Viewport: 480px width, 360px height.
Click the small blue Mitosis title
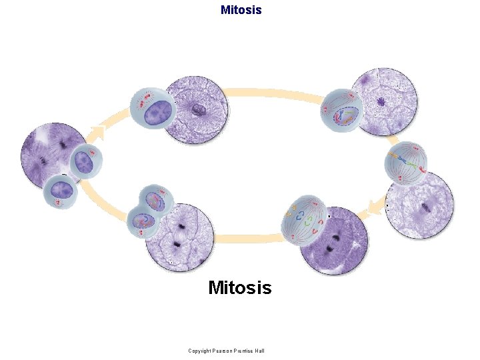pyautogui.click(x=241, y=10)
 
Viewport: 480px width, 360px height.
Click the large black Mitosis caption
pyautogui.click(x=240, y=288)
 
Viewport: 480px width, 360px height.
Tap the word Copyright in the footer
pyautogui.click(x=201, y=351)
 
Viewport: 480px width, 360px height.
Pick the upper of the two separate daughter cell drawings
pyautogui.click(x=85, y=161)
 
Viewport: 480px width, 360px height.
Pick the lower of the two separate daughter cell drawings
pyautogui.click(x=61, y=192)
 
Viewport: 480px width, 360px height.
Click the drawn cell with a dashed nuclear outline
pyautogui.click(x=341, y=109)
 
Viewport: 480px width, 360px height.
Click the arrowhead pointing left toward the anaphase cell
pyautogui.click(x=363, y=212)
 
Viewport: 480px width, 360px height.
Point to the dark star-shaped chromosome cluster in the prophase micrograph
pyautogui.click(x=381, y=102)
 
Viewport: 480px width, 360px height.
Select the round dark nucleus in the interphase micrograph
pyautogui.click(x=197, y=111)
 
